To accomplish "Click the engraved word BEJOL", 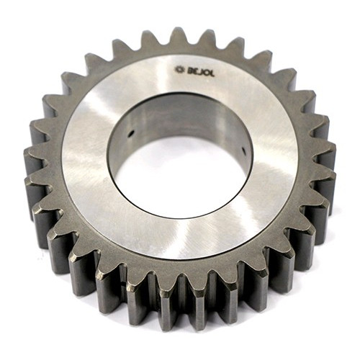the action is (x=200, y=71).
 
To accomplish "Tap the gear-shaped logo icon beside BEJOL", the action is (x=180, y=69).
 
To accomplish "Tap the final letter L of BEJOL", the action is (x=212, y=73).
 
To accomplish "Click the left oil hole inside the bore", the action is (x=131, y=133).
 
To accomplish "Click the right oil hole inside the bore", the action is (x=244, y=150).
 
